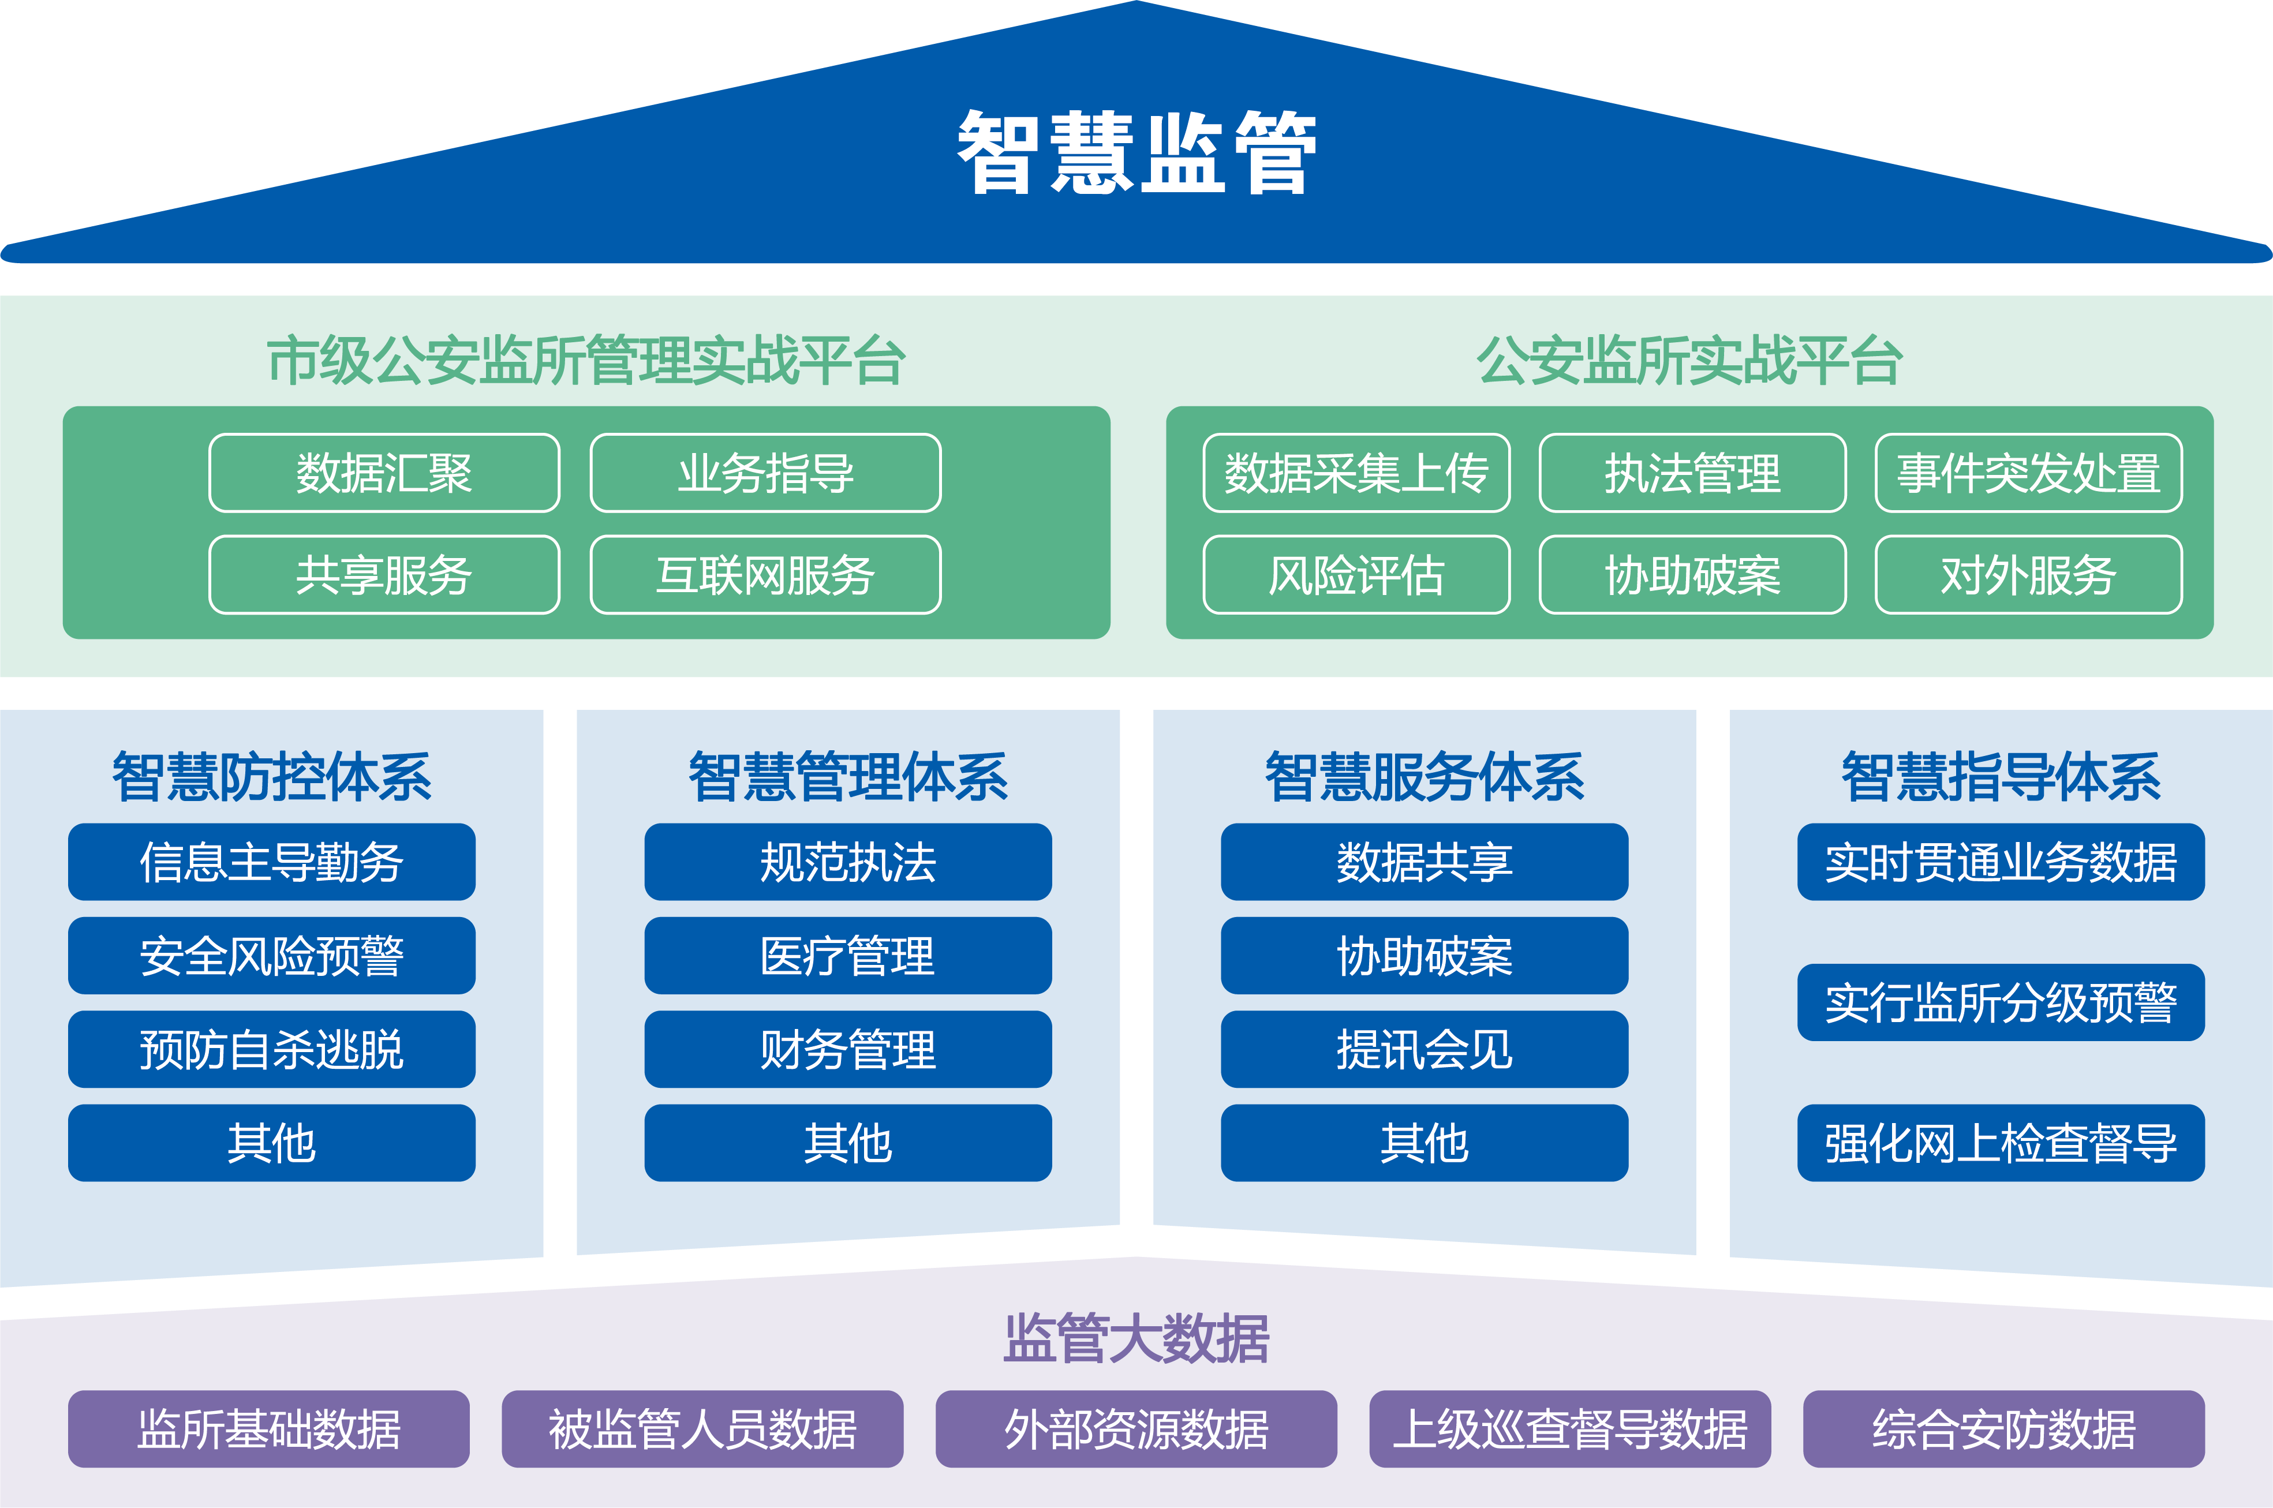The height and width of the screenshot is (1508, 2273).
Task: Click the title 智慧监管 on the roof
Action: click(x=1136, y=152)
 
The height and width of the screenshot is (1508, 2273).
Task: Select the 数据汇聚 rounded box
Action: click(x=384, y=473)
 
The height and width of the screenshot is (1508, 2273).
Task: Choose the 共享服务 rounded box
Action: click(x=384, y=575)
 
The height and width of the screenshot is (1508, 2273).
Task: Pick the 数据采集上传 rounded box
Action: click(x=1356, y=473)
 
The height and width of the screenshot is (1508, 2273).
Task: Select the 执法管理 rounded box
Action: click(x=1692, y=473)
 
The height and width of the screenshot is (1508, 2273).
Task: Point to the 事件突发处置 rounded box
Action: click(x=2028, y=473)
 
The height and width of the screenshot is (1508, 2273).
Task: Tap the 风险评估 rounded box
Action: click(x=1356, y=575)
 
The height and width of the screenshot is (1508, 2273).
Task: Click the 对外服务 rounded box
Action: click(x=2028, y=575)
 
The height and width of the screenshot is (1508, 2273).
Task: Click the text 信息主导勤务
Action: click(x=271, y=862)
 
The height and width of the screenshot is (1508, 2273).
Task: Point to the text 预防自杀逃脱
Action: click(x=271, y=1049)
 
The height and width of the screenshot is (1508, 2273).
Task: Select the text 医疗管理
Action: click(x=847, y=956)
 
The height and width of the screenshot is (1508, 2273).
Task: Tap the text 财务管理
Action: click(x=847, y=1049)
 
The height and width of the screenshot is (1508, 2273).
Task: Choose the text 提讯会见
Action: click(x=1423, y=1049)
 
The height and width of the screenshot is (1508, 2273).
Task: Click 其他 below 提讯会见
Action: click(x=1423, y=1143)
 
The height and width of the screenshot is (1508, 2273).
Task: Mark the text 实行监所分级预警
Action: click(x=2001, y=1003)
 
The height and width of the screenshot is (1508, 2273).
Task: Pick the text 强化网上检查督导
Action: click(x=2001, y=1143)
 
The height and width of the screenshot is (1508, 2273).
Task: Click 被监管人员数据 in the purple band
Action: click(x=702, y=1429)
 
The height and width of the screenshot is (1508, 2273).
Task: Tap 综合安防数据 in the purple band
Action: click(x=2003, y=1429)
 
